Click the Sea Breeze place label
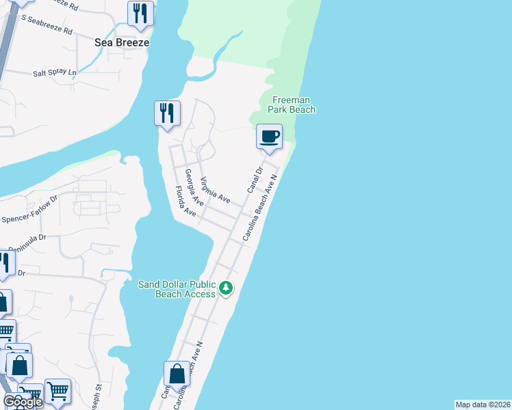tap(122, 42)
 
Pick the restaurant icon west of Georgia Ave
tap(167, 113)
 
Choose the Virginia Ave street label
tap(215, 190)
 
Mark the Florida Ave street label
tap(185, 201)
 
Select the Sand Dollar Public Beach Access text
tap(177, 289)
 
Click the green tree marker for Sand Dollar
tap(226, 289)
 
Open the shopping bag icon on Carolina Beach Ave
tap(177, 375)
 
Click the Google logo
tap(23, 402)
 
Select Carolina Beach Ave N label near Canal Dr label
tap(259, 206)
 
